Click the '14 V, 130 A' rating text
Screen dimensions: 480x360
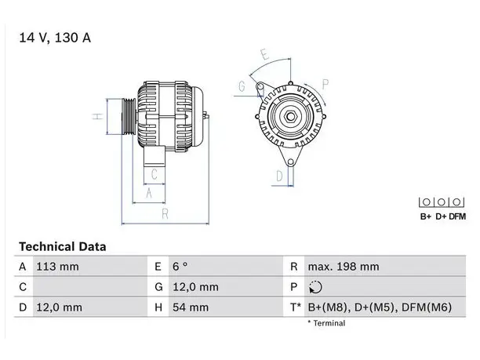pyautogui.click(x=55, y=38)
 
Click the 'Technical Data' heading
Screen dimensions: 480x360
pyautogui.click(x=63, y=246)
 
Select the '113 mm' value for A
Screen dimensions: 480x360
pyautogui.click(x=57, y=267)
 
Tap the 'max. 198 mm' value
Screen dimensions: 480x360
pyautogui.click(x=344, y=267)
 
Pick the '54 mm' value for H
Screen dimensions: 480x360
pyautogui.click(x=191, y=307)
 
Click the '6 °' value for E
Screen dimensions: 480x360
pyautogui.click(x=180, y=267)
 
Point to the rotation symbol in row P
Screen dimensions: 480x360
pyautogui.click(x=315, y=287)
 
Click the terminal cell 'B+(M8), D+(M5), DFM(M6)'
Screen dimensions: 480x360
pyautogui.click(x=380, y=307)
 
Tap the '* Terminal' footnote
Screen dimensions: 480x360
pyautogui.click(x=326, y=323)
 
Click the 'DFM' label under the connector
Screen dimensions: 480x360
pyautogui.click(x=457, y=216)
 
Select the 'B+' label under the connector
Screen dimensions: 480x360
pyautogui.click(x=426, y=216)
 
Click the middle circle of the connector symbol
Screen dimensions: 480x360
pyautogui.click(x=441, y=202)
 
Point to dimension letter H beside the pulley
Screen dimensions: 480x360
pyautogui.click(x=97, y=117)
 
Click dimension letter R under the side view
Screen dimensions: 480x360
pyautogui.click(x=165, y=214)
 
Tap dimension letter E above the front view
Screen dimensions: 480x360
pyautogui.click(x=265, y=54)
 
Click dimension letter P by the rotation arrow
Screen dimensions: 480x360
pyautogui.click(x=325, y=84)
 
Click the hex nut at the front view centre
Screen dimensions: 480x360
pyautogui.click(x=290, y=116)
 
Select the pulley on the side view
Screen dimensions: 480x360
pyautogui.click(x=129, y=117)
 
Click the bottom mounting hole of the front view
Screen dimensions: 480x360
pyautogui.click(x=290, y=162)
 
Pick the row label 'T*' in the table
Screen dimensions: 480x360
pyautogui.click(x=296, y=307)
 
